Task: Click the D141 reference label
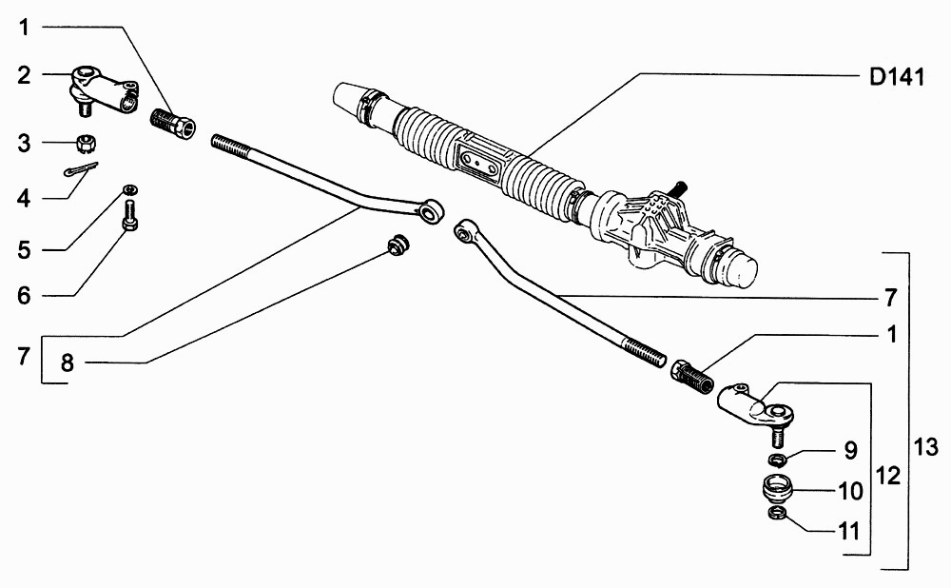coord(897,78)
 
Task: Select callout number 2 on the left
coord(24,76)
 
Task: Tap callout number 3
coord(24,144)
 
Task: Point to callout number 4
coord(24,198)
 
